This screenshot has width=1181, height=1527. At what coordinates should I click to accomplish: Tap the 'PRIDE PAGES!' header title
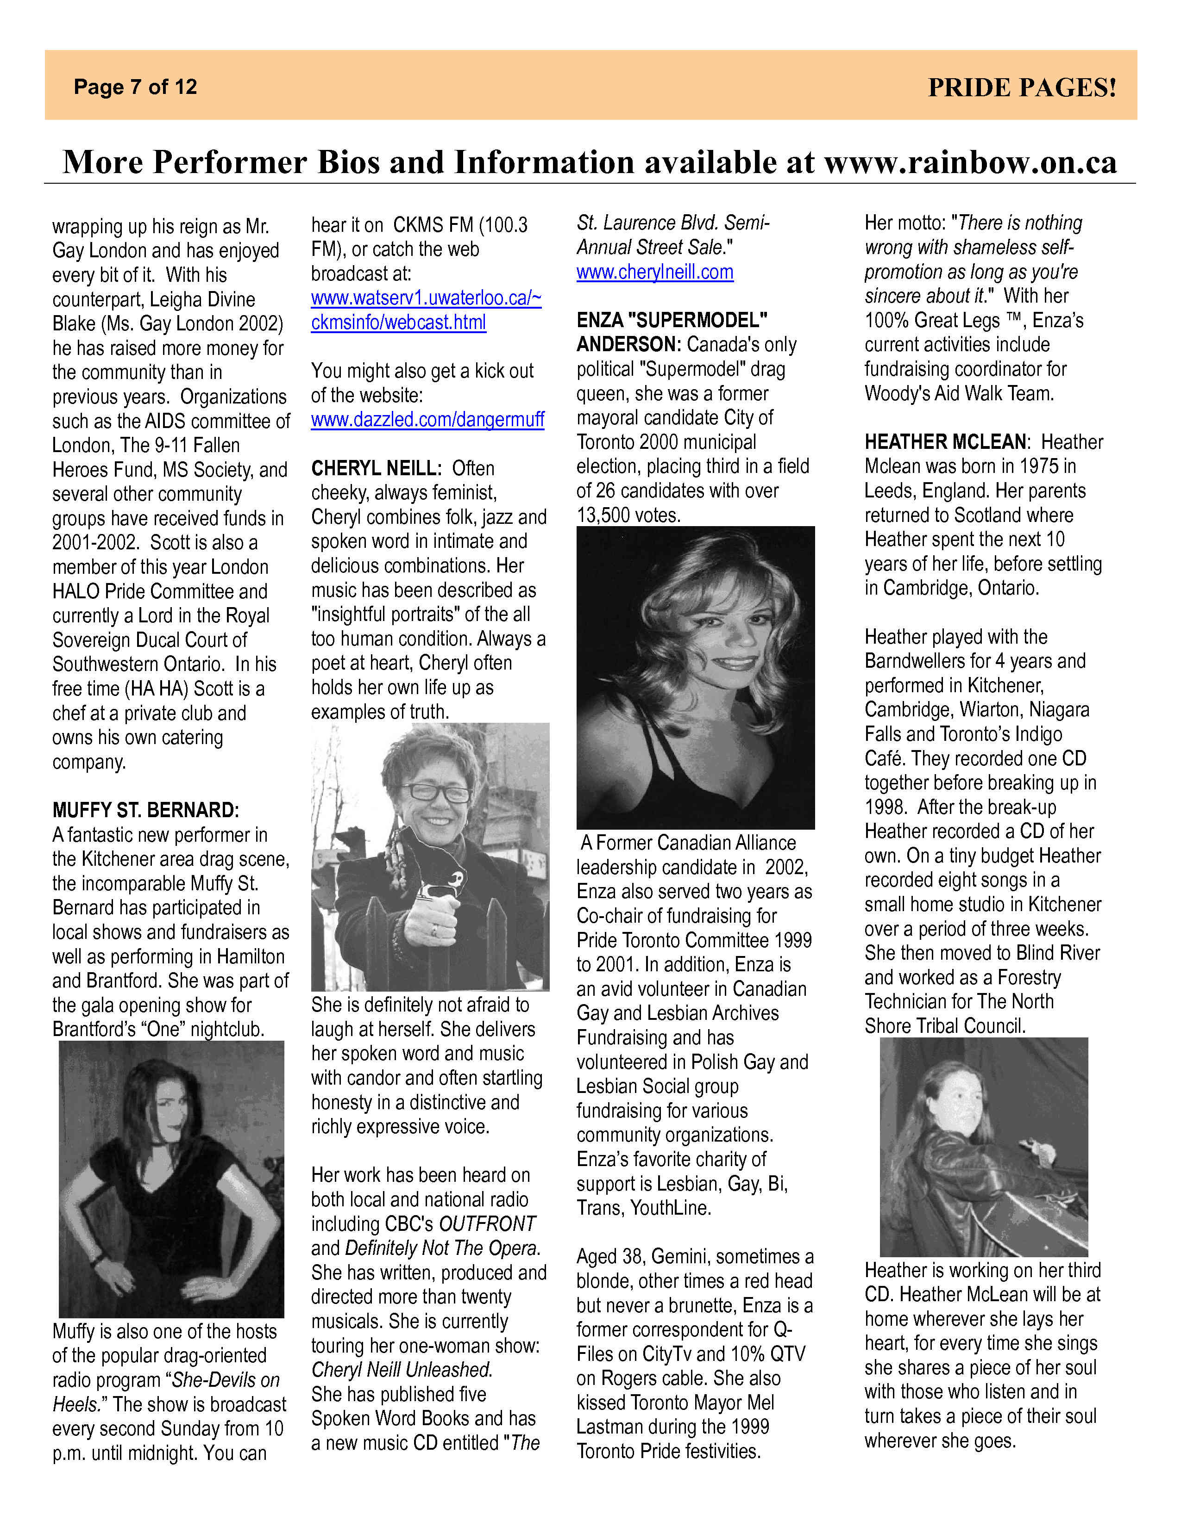tap(1022, 87)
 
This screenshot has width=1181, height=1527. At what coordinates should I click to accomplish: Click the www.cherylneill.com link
tap(655, 272)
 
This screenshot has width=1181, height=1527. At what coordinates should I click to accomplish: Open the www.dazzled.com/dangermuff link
tap(427, 420)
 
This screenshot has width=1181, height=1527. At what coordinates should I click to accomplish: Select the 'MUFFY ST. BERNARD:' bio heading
tap(145, 810)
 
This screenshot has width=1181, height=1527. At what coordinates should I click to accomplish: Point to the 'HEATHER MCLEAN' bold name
tap(945, 442)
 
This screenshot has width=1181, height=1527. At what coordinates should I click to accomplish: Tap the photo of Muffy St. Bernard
tap(171, 1179)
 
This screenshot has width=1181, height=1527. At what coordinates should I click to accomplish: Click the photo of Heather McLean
tap(984, 1147)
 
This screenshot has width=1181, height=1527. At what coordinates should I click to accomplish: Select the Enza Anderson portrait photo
tap(696, 677)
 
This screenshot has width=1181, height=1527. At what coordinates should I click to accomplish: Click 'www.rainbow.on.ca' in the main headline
tap(970, 162)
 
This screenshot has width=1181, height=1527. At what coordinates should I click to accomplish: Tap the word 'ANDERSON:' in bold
tap(628, 345)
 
